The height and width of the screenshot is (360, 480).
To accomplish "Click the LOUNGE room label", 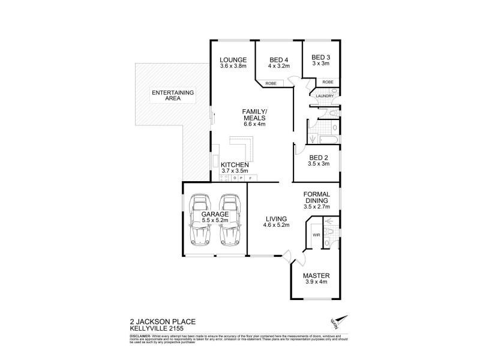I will tap(233, 59).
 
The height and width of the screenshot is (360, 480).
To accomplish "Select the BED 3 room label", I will tap(320, 56).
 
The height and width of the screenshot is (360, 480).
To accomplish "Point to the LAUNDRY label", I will tap(324, 96).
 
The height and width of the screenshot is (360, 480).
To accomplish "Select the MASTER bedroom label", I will tap(316, 275).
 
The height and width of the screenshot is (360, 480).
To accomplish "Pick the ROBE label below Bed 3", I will tap(328, 82).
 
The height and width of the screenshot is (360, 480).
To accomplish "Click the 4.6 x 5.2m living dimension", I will tap(277, 225).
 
